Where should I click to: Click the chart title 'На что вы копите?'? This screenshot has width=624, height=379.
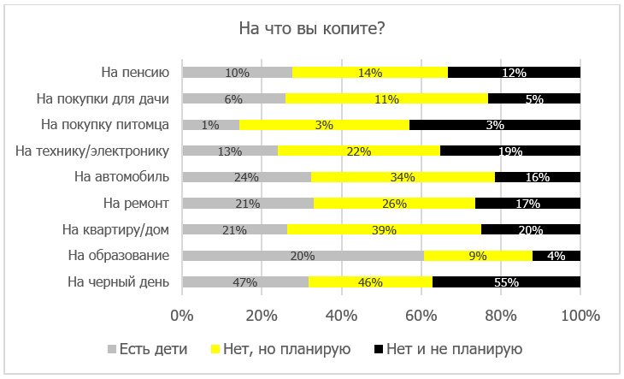(311, 29)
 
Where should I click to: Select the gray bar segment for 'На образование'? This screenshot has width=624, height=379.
(303, 255)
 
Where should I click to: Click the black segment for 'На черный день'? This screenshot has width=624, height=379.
(506, 281)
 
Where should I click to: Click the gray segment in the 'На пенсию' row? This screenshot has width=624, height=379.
(237, 73)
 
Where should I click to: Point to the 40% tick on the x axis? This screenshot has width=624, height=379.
(342, 315)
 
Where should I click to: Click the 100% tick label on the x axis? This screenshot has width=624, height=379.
(580, 315)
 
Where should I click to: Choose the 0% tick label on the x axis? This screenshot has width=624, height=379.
(182, 315)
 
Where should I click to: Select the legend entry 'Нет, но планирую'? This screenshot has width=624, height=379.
(286, 348)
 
